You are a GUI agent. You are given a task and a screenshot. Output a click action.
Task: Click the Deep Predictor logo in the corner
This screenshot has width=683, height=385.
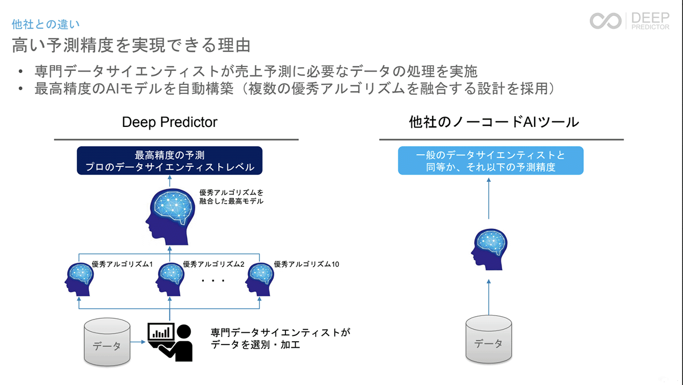(629, 21)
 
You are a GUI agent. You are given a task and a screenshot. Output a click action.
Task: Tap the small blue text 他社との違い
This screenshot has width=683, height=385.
(46, 25)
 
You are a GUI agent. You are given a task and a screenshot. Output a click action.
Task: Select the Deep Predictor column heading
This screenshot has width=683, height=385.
(170, 122)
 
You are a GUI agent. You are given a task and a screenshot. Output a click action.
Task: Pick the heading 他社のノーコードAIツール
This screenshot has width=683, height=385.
(494, 122)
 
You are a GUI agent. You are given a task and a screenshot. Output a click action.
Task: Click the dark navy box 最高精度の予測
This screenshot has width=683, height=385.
(170, 161)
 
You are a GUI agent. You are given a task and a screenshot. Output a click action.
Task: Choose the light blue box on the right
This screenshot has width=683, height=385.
(490, 161)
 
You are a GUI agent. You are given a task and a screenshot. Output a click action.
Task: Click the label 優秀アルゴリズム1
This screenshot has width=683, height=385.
(122, 264)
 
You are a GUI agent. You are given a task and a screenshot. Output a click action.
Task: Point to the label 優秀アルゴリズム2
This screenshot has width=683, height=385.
(213, 264)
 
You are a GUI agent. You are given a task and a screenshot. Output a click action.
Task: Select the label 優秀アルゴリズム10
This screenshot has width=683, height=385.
(307, 264)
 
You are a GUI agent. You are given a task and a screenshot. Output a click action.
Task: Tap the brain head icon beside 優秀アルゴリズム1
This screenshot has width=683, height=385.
(79, 279)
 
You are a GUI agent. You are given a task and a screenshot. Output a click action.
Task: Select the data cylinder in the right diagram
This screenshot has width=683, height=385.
(488, 339)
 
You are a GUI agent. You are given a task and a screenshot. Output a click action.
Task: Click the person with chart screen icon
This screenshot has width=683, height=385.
(170, 341)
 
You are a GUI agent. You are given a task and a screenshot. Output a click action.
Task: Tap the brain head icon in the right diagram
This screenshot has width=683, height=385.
(489, 248)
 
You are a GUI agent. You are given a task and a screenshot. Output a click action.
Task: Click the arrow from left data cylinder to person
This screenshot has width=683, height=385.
(138, 342)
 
